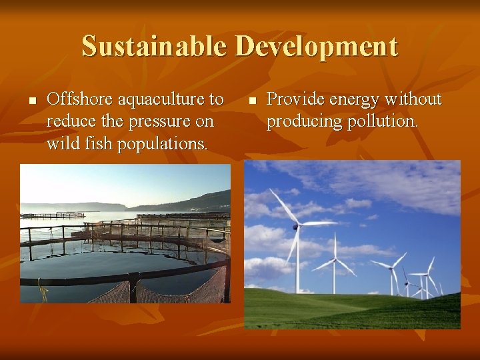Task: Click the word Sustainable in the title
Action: pyautogui.click(x=155, y=47)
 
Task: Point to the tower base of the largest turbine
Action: pyautogui.click(x=297, y=291)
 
